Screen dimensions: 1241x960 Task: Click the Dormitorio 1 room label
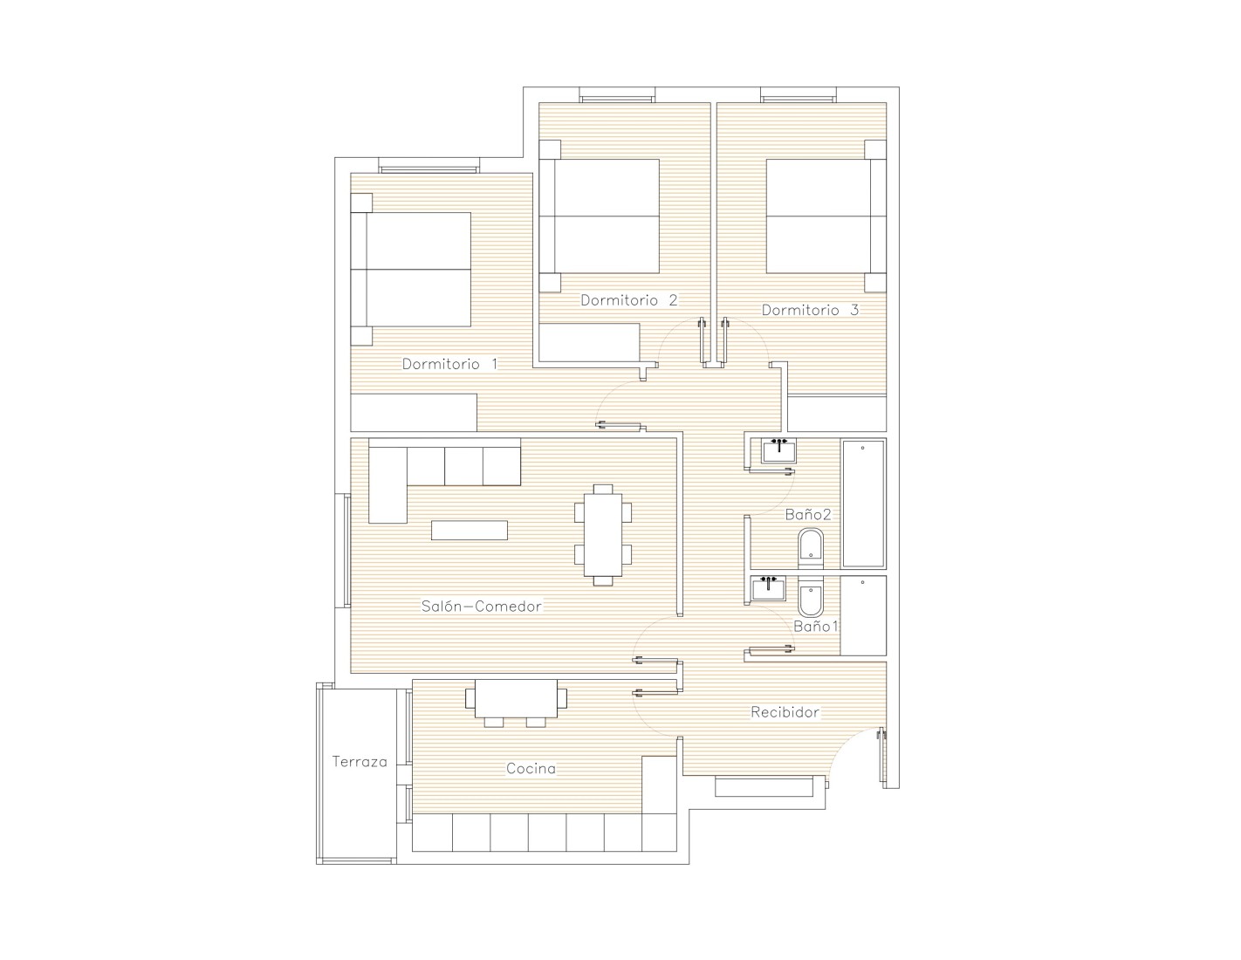(x=449, y=364)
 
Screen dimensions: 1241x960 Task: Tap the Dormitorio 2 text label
(x=628, y=300)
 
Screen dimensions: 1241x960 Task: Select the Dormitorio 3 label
(x=810, y=310)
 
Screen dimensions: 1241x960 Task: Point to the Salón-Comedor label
(x=481, y=606)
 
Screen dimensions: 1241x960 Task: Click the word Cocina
(x=531, y=769)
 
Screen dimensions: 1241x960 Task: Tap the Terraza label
(x=360, y=761)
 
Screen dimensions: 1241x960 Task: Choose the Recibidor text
(x=785, y=712)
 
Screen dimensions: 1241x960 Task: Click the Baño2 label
(x=807, y=515)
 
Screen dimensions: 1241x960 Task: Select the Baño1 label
(x=815, y=627)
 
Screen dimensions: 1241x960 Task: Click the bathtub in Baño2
(x=863, y=504)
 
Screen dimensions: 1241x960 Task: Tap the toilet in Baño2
(x=811, y=548)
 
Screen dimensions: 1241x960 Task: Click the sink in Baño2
(x=779, y=450)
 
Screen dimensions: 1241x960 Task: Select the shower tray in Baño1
(x=863, y=615)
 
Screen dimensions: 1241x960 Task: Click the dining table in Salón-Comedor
(x=603, y=535)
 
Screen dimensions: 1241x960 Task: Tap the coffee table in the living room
(x=470, y=530)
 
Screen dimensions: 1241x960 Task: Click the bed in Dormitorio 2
(x=599, y=216)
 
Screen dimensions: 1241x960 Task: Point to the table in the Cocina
(x=517, y=702)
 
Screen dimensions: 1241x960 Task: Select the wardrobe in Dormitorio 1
(x=414, y=412)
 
